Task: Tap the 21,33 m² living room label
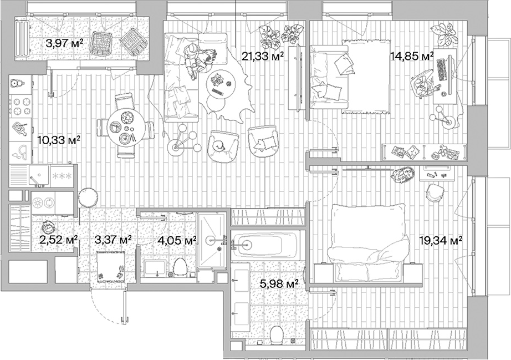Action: tap(263, 55)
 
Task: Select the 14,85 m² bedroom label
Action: tap(411, 56)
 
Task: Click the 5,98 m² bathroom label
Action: tap(279, 283)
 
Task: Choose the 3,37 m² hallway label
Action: tap(113, 240)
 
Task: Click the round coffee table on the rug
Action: tap(221, 84)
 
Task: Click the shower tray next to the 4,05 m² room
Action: tap(211, 240)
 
